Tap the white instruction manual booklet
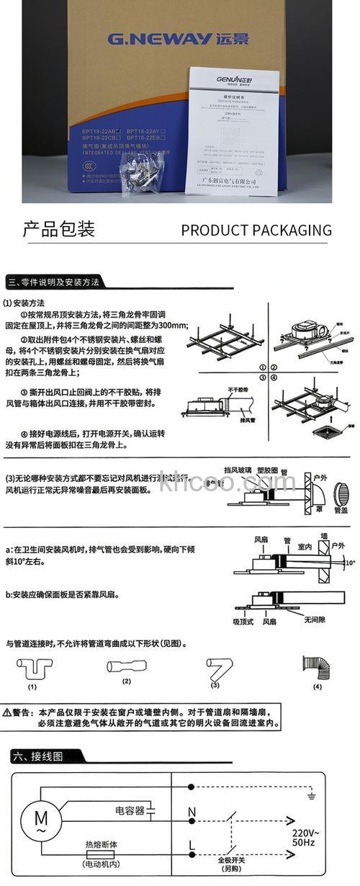[231, 129]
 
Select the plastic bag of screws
[141, 172]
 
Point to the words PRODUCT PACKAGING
[256, 231]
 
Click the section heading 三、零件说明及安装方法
[54, 281]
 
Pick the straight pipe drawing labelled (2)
[127, 666]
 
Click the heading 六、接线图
[38, 756]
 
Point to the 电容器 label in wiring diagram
[130, 811]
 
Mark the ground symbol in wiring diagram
[310, 795]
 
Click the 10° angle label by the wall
[350, 561]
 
